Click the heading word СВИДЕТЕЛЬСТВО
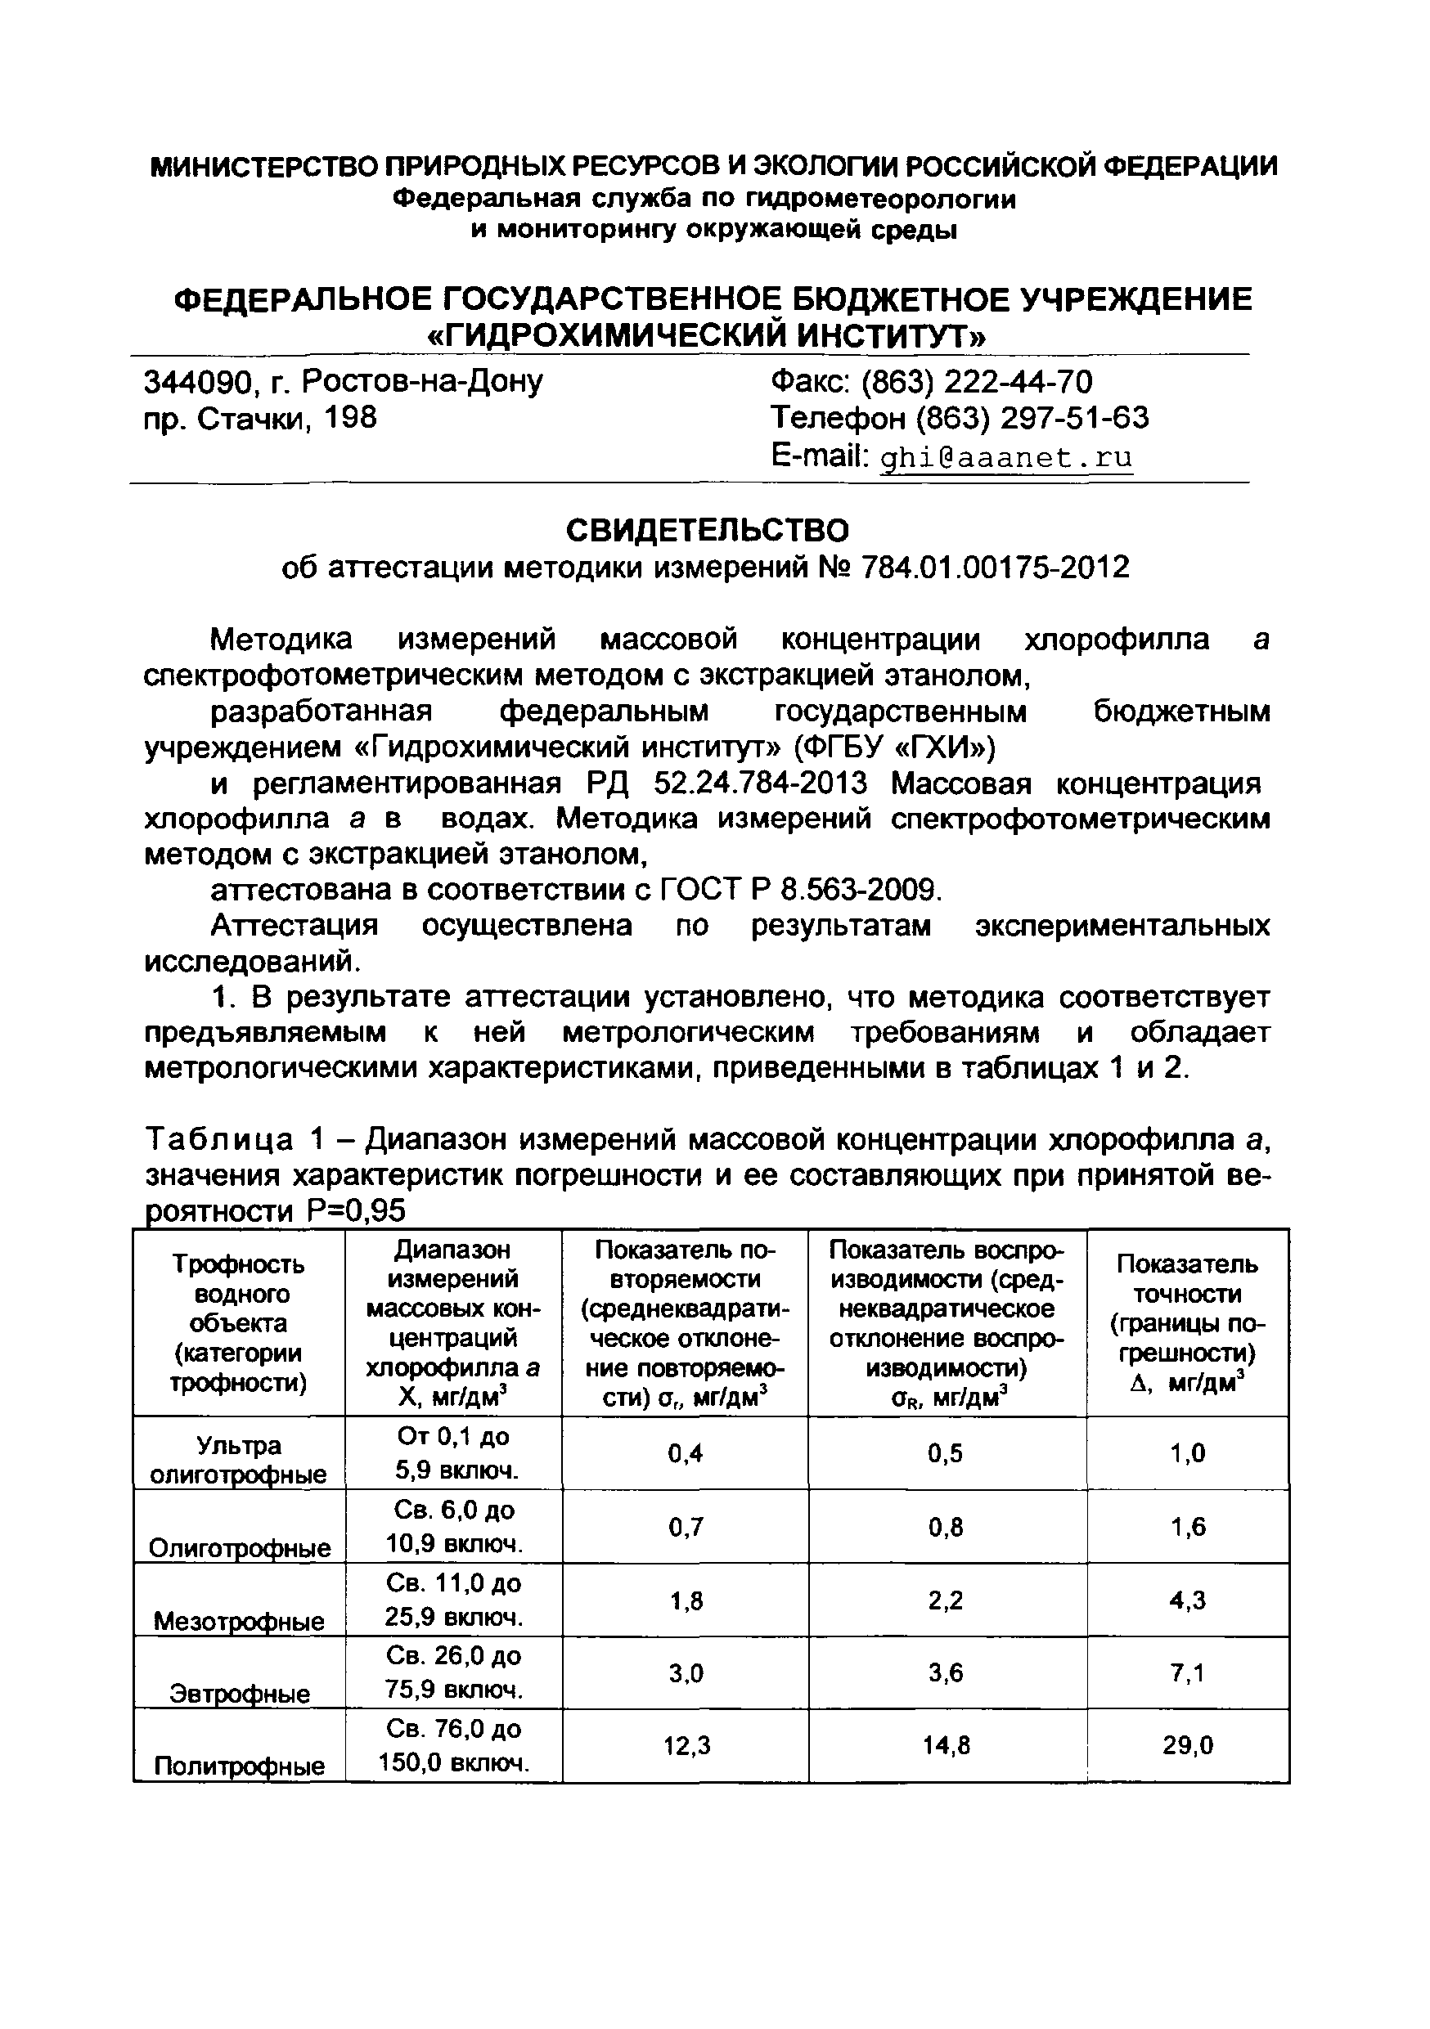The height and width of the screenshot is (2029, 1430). (707, 530)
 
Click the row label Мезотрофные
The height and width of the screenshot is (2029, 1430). (239, 1621)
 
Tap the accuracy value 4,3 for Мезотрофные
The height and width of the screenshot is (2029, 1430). (1187, 1600)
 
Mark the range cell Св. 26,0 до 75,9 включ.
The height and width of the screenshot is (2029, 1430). (453, 1673)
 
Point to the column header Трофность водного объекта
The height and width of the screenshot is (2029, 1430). (239, 1323)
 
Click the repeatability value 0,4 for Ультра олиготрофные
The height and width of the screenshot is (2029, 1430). (686, 1454)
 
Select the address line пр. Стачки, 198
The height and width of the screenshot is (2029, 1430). (260, 417)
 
